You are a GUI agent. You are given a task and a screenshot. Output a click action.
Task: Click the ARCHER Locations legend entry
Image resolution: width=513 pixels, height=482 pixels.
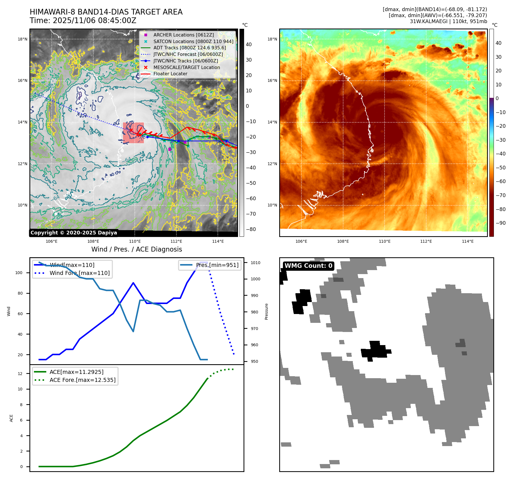click(183, 35)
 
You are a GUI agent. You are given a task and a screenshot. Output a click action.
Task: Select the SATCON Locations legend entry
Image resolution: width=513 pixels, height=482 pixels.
click(193, 41)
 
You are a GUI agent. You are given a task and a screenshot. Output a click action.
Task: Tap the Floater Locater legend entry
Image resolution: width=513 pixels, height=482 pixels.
click(170, 74)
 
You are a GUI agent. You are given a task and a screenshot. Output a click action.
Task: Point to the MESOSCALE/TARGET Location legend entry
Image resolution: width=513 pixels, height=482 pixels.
click(186, 67)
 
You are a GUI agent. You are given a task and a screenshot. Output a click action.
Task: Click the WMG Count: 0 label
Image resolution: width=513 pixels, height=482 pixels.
click(308, 266)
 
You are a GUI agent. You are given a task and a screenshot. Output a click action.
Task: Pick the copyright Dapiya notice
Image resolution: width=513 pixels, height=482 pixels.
click(74, 233)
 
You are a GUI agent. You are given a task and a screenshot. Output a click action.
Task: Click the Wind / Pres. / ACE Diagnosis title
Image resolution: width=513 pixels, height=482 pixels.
click(136, 249)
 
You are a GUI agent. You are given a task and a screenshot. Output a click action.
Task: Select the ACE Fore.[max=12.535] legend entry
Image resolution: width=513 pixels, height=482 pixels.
click(83, 380)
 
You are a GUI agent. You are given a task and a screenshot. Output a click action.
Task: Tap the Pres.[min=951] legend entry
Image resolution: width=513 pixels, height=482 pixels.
click(217, 265)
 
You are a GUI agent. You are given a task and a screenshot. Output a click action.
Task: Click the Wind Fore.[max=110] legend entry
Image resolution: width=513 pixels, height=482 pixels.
click(79, 273)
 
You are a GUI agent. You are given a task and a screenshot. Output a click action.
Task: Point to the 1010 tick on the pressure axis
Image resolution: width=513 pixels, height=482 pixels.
click(256, 263)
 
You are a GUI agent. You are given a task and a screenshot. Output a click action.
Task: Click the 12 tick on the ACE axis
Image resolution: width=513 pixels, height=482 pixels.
click(20, 374)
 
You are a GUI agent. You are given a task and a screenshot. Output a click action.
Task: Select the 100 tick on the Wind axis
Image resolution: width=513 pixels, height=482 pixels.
click(19, 273)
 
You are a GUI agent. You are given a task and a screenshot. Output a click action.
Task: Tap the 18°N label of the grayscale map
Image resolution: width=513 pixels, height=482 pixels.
click(23, 39)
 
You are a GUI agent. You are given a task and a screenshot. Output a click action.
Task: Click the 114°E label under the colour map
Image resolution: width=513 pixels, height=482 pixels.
click(468, 241)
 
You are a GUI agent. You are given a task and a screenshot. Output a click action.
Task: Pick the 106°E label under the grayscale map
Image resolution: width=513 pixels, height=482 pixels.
click(52, 241)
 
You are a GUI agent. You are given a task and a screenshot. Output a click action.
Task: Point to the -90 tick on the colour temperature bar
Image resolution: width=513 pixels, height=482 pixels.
click(500, 223)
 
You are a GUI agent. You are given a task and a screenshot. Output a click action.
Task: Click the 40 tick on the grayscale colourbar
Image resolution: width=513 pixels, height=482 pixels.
click(249, 44)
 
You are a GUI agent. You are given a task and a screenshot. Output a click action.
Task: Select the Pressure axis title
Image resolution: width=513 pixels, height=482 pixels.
click(267, 311)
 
